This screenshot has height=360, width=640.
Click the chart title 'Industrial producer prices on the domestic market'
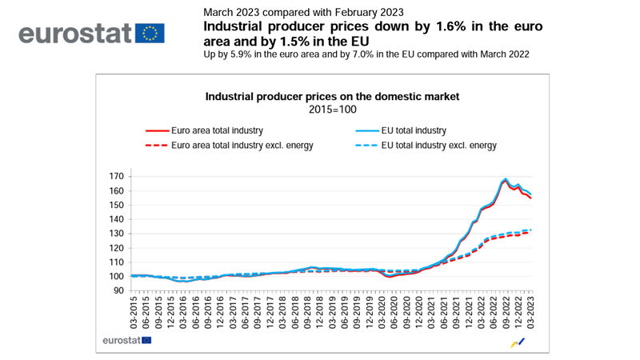click(x=332, y=96)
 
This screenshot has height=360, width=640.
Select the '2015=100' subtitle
click(x=332, y=109)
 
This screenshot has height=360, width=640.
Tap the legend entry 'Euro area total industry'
click(x=216, y=130)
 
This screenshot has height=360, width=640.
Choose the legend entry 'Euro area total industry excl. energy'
click(x=241, y=146)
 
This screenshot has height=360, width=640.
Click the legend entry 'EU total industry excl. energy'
click(x=439, y=146)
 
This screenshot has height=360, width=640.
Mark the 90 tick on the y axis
click(x=118, y=290)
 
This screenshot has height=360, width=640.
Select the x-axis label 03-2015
click(x=134, y=314)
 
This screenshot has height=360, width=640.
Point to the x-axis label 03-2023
click(x=531, y=314)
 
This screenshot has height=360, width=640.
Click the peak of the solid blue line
click(x=506, y=179)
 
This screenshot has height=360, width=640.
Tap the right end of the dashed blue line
click(x=531, y=230)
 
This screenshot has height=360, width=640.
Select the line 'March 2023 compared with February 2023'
click(x=303, y=12)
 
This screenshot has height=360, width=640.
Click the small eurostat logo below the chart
click(x=127, y=340)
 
